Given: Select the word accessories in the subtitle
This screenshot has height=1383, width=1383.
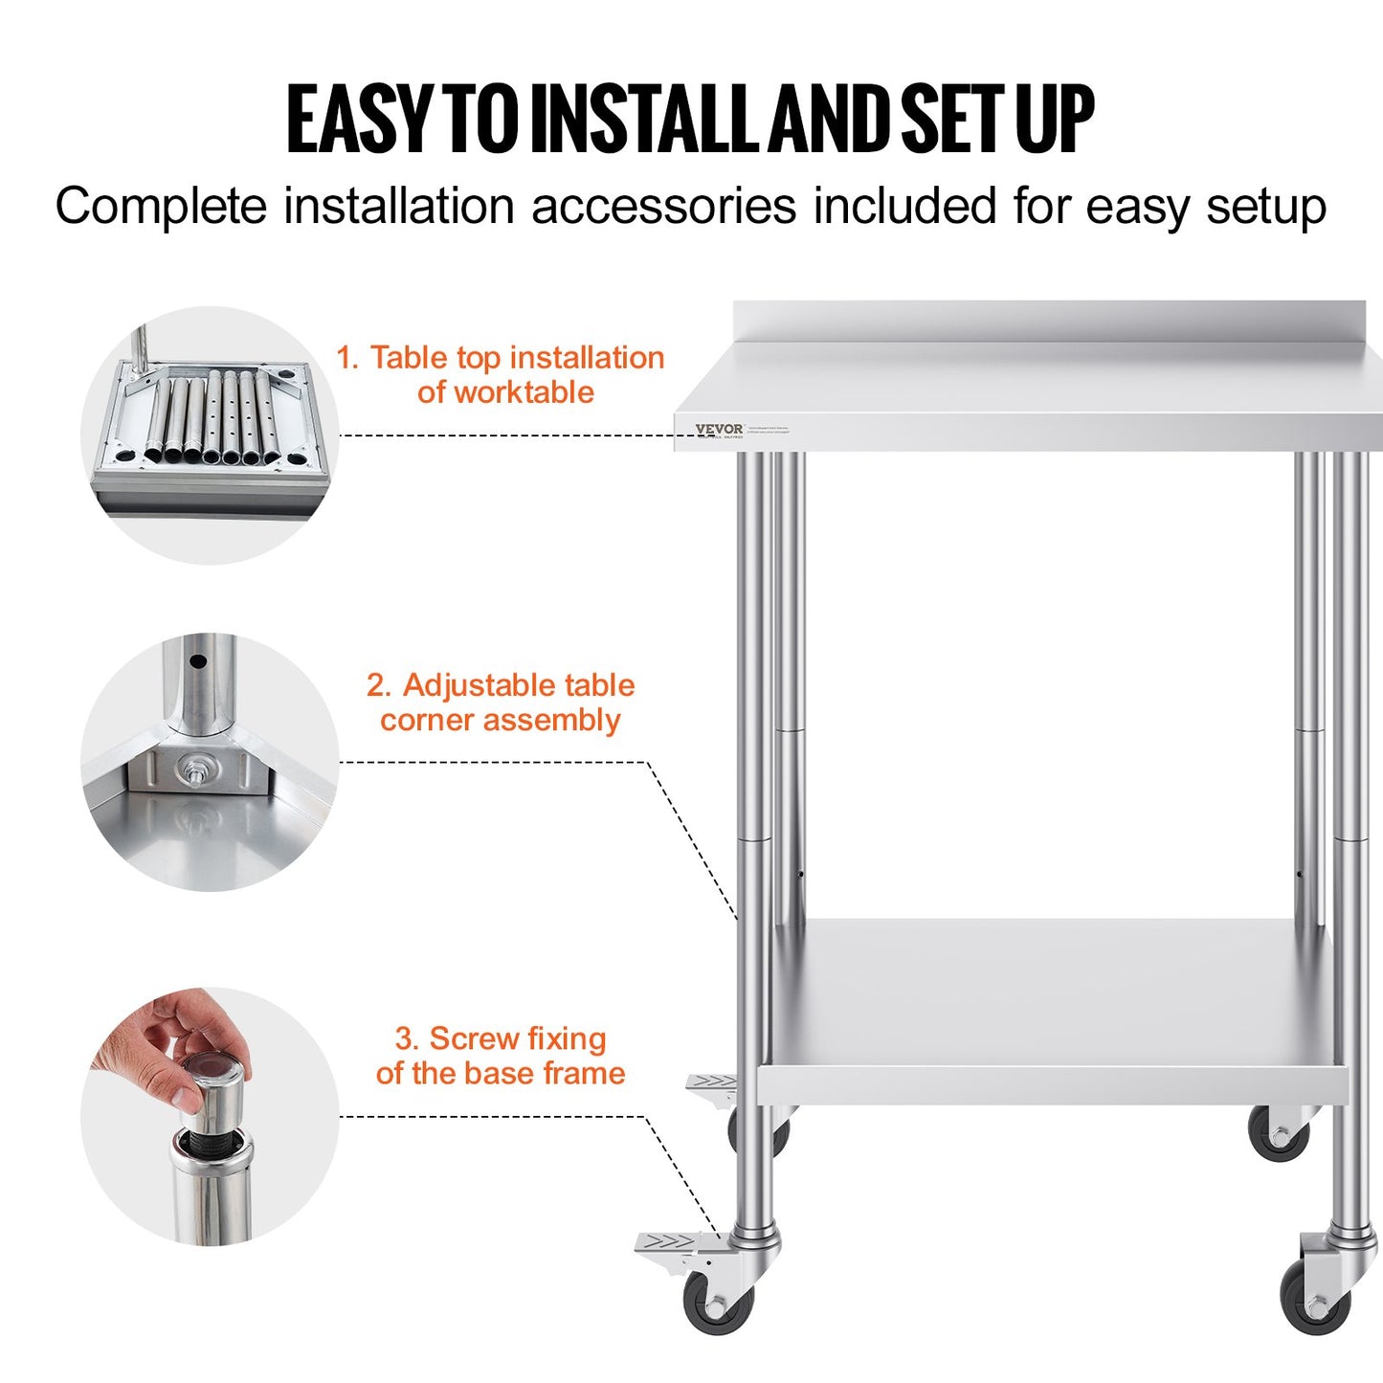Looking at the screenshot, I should click(x=663, y=207).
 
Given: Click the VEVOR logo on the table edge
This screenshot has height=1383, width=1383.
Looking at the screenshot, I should click(x=719, y=429).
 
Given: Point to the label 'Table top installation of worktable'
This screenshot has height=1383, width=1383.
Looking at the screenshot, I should click(x=501, y=374).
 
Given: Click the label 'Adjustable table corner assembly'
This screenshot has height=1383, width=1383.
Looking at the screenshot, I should click(x=501, y=703).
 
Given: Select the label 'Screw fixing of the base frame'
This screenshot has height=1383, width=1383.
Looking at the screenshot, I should click(x=501, y=1056).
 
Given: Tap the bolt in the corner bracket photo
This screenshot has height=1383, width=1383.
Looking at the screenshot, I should click(x=196, y=768).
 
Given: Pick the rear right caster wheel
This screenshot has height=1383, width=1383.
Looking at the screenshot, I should click(x=1278, y=1136).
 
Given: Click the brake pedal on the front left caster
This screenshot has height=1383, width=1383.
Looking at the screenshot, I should click(x=670, y=1243).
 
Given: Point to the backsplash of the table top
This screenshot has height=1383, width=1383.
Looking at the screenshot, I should click(x=1053, y=322).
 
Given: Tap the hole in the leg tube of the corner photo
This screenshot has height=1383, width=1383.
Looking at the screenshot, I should click(x=197, y=661).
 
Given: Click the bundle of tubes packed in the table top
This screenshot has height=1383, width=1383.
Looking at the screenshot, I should click(x=211, y=419).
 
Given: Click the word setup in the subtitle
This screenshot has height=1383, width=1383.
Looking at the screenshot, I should click(x=1265, y=207).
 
